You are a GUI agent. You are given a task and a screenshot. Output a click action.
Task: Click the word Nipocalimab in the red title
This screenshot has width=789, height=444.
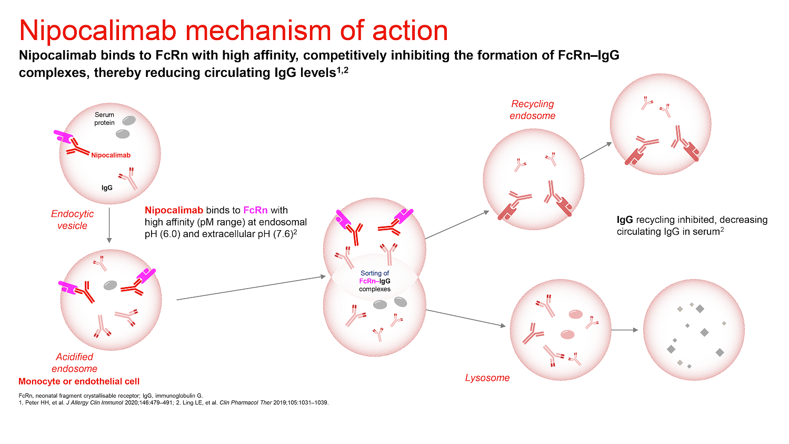[98, 31]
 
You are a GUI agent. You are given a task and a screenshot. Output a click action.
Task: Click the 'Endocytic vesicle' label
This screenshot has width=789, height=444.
[73, 220]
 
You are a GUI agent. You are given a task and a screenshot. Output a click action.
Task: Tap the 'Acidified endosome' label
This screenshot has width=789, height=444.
[74, 362]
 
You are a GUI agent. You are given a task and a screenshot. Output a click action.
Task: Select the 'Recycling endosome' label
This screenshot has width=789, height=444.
[532, 110]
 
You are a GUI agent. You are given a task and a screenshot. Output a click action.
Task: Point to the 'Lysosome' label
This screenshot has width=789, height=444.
[487, 378]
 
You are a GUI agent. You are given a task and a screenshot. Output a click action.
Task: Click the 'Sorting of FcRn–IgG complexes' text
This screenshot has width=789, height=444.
[375, 281]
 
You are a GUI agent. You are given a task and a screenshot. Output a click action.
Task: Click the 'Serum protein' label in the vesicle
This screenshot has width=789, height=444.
[104, 119]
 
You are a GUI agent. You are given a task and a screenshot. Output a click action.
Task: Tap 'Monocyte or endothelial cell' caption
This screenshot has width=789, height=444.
[79, 381]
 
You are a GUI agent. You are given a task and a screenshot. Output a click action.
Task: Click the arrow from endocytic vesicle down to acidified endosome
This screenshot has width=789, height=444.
[109, 224]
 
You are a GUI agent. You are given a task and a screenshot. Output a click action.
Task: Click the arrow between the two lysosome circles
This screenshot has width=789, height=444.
[626, 330]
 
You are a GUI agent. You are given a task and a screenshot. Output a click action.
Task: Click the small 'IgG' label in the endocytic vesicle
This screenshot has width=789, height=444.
[107, 187]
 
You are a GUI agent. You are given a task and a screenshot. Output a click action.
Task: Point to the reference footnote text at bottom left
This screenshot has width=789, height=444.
[174, 399]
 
